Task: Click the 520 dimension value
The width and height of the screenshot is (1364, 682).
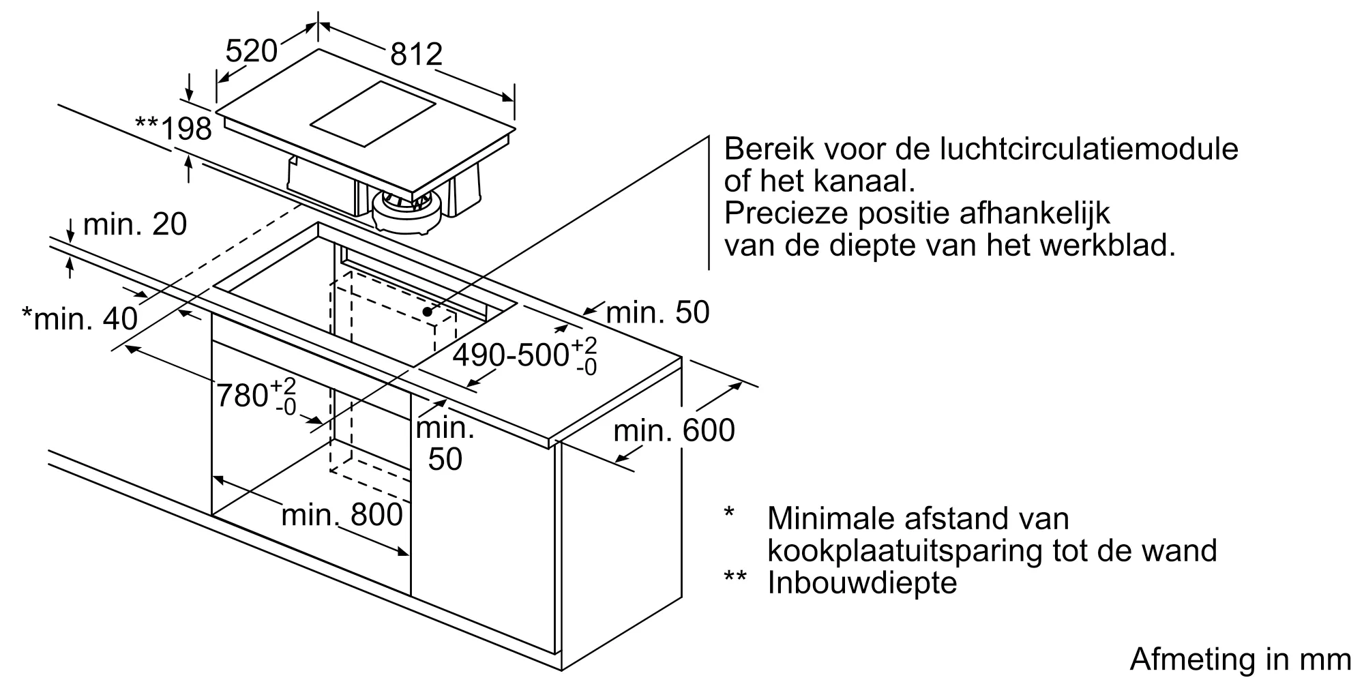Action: tap(251, 51)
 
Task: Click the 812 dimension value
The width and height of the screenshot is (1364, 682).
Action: tap(416, 55)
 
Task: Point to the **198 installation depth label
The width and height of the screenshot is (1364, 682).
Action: tap(174, 128)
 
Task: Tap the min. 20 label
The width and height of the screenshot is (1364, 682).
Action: tap(134, 224)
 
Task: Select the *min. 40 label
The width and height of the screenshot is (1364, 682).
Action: tap(80, 318)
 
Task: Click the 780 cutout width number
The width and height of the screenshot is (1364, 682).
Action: tap(242, 395)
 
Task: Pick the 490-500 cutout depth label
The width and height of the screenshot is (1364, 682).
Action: tap(511, 355)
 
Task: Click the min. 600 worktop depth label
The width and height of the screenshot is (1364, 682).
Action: tap(674, 430)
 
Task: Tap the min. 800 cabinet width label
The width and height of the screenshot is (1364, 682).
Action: tap(342, 515)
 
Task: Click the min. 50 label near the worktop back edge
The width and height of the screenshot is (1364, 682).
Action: tap(657, 312)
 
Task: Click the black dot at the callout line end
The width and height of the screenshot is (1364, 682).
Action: tap(428, 312)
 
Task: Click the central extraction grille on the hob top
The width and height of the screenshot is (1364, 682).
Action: tap(373, 114)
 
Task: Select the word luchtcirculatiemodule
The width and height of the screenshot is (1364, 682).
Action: tap(1088, 149)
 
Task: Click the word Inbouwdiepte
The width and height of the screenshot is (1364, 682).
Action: tap(862, 582)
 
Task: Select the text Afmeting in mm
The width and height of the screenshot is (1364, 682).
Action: tap(1240, 659)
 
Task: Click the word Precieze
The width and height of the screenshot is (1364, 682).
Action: tap(786, 213)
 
